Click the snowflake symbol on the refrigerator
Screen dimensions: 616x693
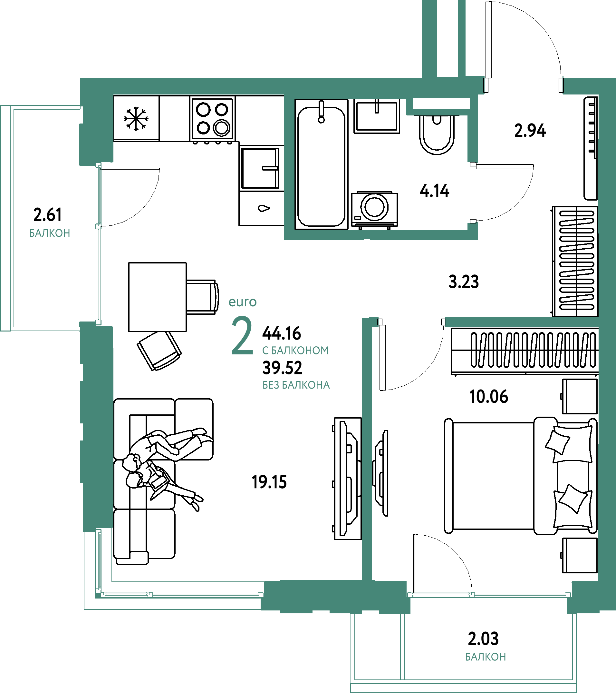(x=136, y=119)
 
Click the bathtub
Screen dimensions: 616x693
(x=322, y=164)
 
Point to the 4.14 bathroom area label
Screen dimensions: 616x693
(x=435, y=191)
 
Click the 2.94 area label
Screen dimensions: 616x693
(x=530, y=131)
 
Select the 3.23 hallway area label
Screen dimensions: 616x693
(x=464, y=282)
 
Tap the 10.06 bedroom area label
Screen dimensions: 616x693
(x=489, y=397)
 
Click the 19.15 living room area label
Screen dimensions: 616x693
(x=269, y=482)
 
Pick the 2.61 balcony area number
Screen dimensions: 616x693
(x=47, y=215)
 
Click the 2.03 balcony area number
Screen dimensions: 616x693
(x=483, y=639)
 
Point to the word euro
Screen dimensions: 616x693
(x=243, y=302)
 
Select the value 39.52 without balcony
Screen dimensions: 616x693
(x=282, y=368)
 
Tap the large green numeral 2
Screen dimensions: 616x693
(x=242, y=335)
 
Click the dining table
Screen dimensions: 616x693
(x=158, y=297)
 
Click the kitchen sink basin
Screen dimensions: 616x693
(x=260, y=168)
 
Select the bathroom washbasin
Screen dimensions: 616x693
(x=377, y=116)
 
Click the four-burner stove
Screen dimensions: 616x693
(x=212, y=119)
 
